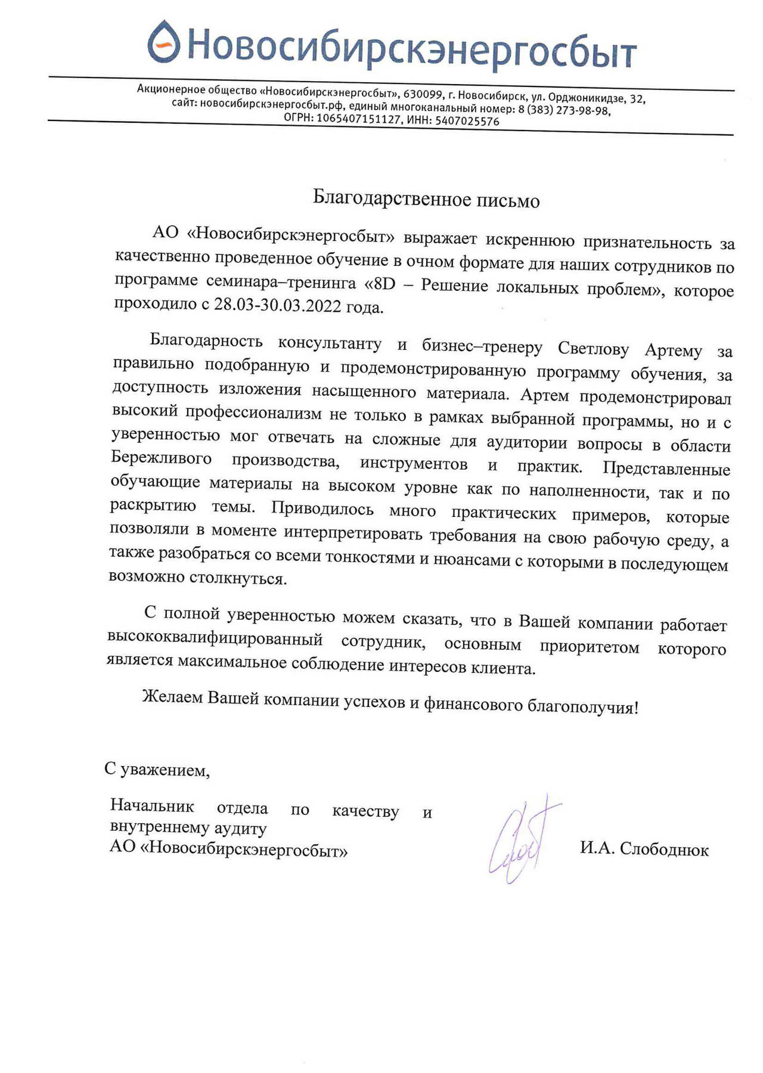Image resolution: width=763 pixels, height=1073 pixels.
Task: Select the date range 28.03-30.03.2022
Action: coord(278,306)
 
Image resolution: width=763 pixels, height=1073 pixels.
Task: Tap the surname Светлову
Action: coord(593,349)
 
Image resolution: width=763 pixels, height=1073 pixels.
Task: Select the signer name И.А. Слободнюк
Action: coord(644,849)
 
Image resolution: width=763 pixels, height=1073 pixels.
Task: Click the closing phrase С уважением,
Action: coord(157,770)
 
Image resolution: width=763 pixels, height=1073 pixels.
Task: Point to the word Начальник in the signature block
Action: coord(152,806)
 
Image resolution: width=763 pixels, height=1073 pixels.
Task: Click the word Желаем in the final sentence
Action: coord(172,697)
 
